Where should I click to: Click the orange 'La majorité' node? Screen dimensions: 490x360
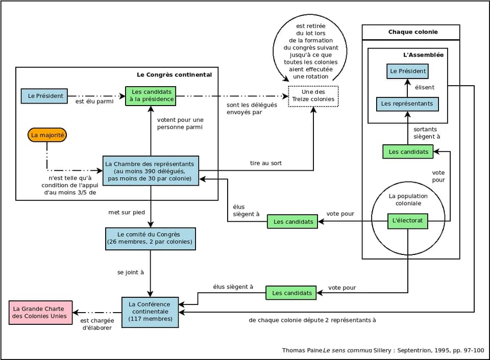point(47,135)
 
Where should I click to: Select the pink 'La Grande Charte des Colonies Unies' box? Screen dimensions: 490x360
point(41,313)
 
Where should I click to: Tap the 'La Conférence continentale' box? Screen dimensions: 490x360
point(150,312)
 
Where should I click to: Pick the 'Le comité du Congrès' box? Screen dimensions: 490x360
point(151,239)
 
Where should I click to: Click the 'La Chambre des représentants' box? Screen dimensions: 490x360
point(151,171)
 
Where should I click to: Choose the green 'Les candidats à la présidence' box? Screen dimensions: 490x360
point(151,96)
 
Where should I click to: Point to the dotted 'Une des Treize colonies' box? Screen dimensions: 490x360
point(313,96)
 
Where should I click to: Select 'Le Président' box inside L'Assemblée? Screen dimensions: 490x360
point(407,71)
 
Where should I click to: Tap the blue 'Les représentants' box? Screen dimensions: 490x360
point(407,104)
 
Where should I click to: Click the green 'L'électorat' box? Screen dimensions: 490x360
point(407,221)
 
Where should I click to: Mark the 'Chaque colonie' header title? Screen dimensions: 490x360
point(413,32)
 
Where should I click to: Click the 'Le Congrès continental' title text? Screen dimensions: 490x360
point(175,74)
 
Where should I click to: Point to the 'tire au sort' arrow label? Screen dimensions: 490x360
point(265,163)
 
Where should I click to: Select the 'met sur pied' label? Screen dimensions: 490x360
point(127,212)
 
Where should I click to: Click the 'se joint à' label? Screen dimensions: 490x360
point(131,272)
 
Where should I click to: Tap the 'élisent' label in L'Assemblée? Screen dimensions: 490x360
point(425,87)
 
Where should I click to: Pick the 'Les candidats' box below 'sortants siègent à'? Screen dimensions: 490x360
point(408,152)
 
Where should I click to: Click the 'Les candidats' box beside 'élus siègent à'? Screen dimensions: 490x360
point(291,293)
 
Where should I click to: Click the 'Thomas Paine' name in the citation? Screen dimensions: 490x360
point(302,350)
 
